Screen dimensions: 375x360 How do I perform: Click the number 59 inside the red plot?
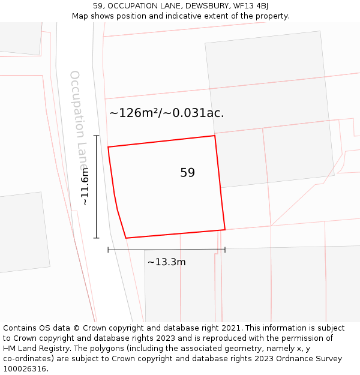pyautogui.click(x=187, y=173)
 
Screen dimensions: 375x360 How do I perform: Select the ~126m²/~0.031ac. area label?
pyautogui.click(x=166, y=113)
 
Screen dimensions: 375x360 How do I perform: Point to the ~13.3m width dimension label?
pyautogui.click(x=166, y=262)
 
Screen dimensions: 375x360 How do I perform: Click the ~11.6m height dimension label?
pyautogui.click(x=85, y=187)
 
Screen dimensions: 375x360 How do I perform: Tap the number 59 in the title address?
pyautogui.click(x=98, y=6)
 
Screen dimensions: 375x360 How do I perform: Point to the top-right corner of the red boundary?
pyautogui.click(x=215, y=136)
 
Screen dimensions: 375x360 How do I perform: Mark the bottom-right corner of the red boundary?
pyautogui.click(x=225, y=229)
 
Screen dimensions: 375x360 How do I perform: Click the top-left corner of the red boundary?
pyautogui.click(x=108, y=147)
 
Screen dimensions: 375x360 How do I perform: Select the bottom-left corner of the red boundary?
pyautogui.click(x=126, y=238)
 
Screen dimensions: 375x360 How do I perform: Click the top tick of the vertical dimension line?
pyautogui.click(x=96, y=136)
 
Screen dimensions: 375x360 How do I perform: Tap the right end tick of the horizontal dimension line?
pyautogui.click(x=225, y=250)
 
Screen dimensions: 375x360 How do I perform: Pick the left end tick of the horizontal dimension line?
pyautogui.click(x=108, y=250)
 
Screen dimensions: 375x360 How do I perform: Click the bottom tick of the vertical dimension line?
pyautogui.click(x=96, y=238)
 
